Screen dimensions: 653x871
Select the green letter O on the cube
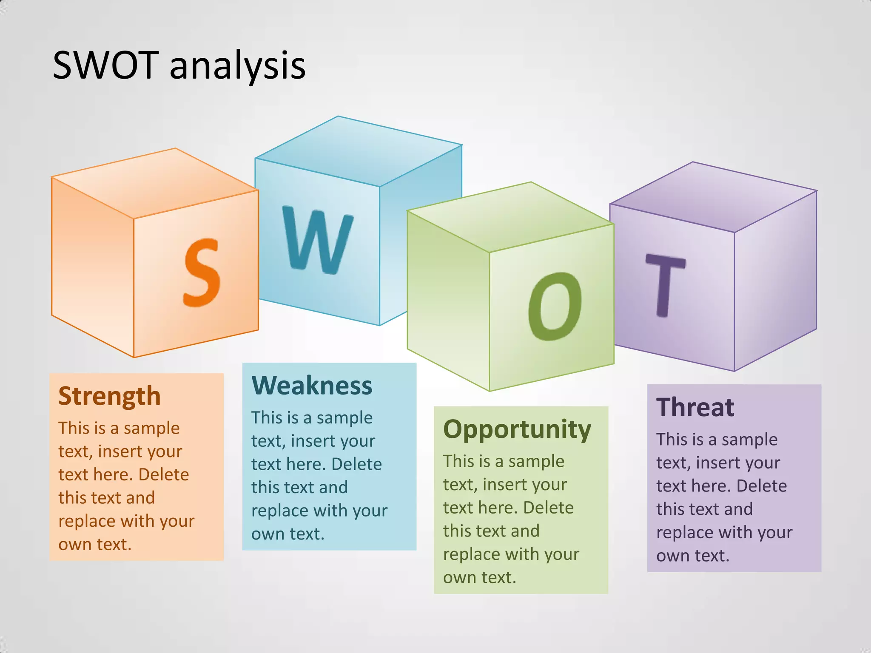click(x=555, y=306)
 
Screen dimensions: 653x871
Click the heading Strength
click(x=109, y=396)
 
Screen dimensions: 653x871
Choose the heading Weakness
click(x=312, y=386)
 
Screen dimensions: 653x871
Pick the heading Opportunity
click(x=517, y=429)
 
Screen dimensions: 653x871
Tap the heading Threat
click(x=695, y=407)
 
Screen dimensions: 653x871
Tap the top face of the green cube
click(x=510, y=217)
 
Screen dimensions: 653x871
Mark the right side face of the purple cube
click(x=775, y=281)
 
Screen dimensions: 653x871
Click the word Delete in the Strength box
click(x=163, y=475)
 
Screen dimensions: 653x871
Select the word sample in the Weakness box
click(x=344, y=418)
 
